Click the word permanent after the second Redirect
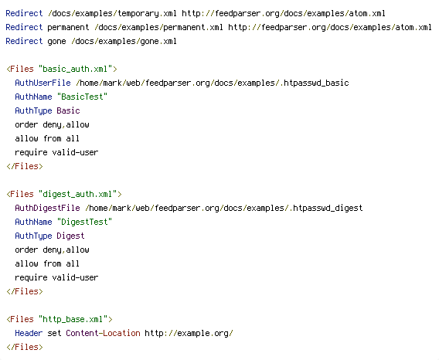68,28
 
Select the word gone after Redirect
56,42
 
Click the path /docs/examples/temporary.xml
112,14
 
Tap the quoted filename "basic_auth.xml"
75,69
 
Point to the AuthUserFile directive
43,83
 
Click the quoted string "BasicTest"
82,97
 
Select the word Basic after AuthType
68,110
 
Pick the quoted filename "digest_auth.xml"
77,194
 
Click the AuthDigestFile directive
47,208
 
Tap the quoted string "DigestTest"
84,222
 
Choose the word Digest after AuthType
70,236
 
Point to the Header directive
29,333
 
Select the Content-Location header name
103,333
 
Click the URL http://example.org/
189,334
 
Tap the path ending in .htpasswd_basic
213,83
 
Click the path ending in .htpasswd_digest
224,209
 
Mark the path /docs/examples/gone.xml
124,42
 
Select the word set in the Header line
54,333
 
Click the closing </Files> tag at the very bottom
25,347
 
